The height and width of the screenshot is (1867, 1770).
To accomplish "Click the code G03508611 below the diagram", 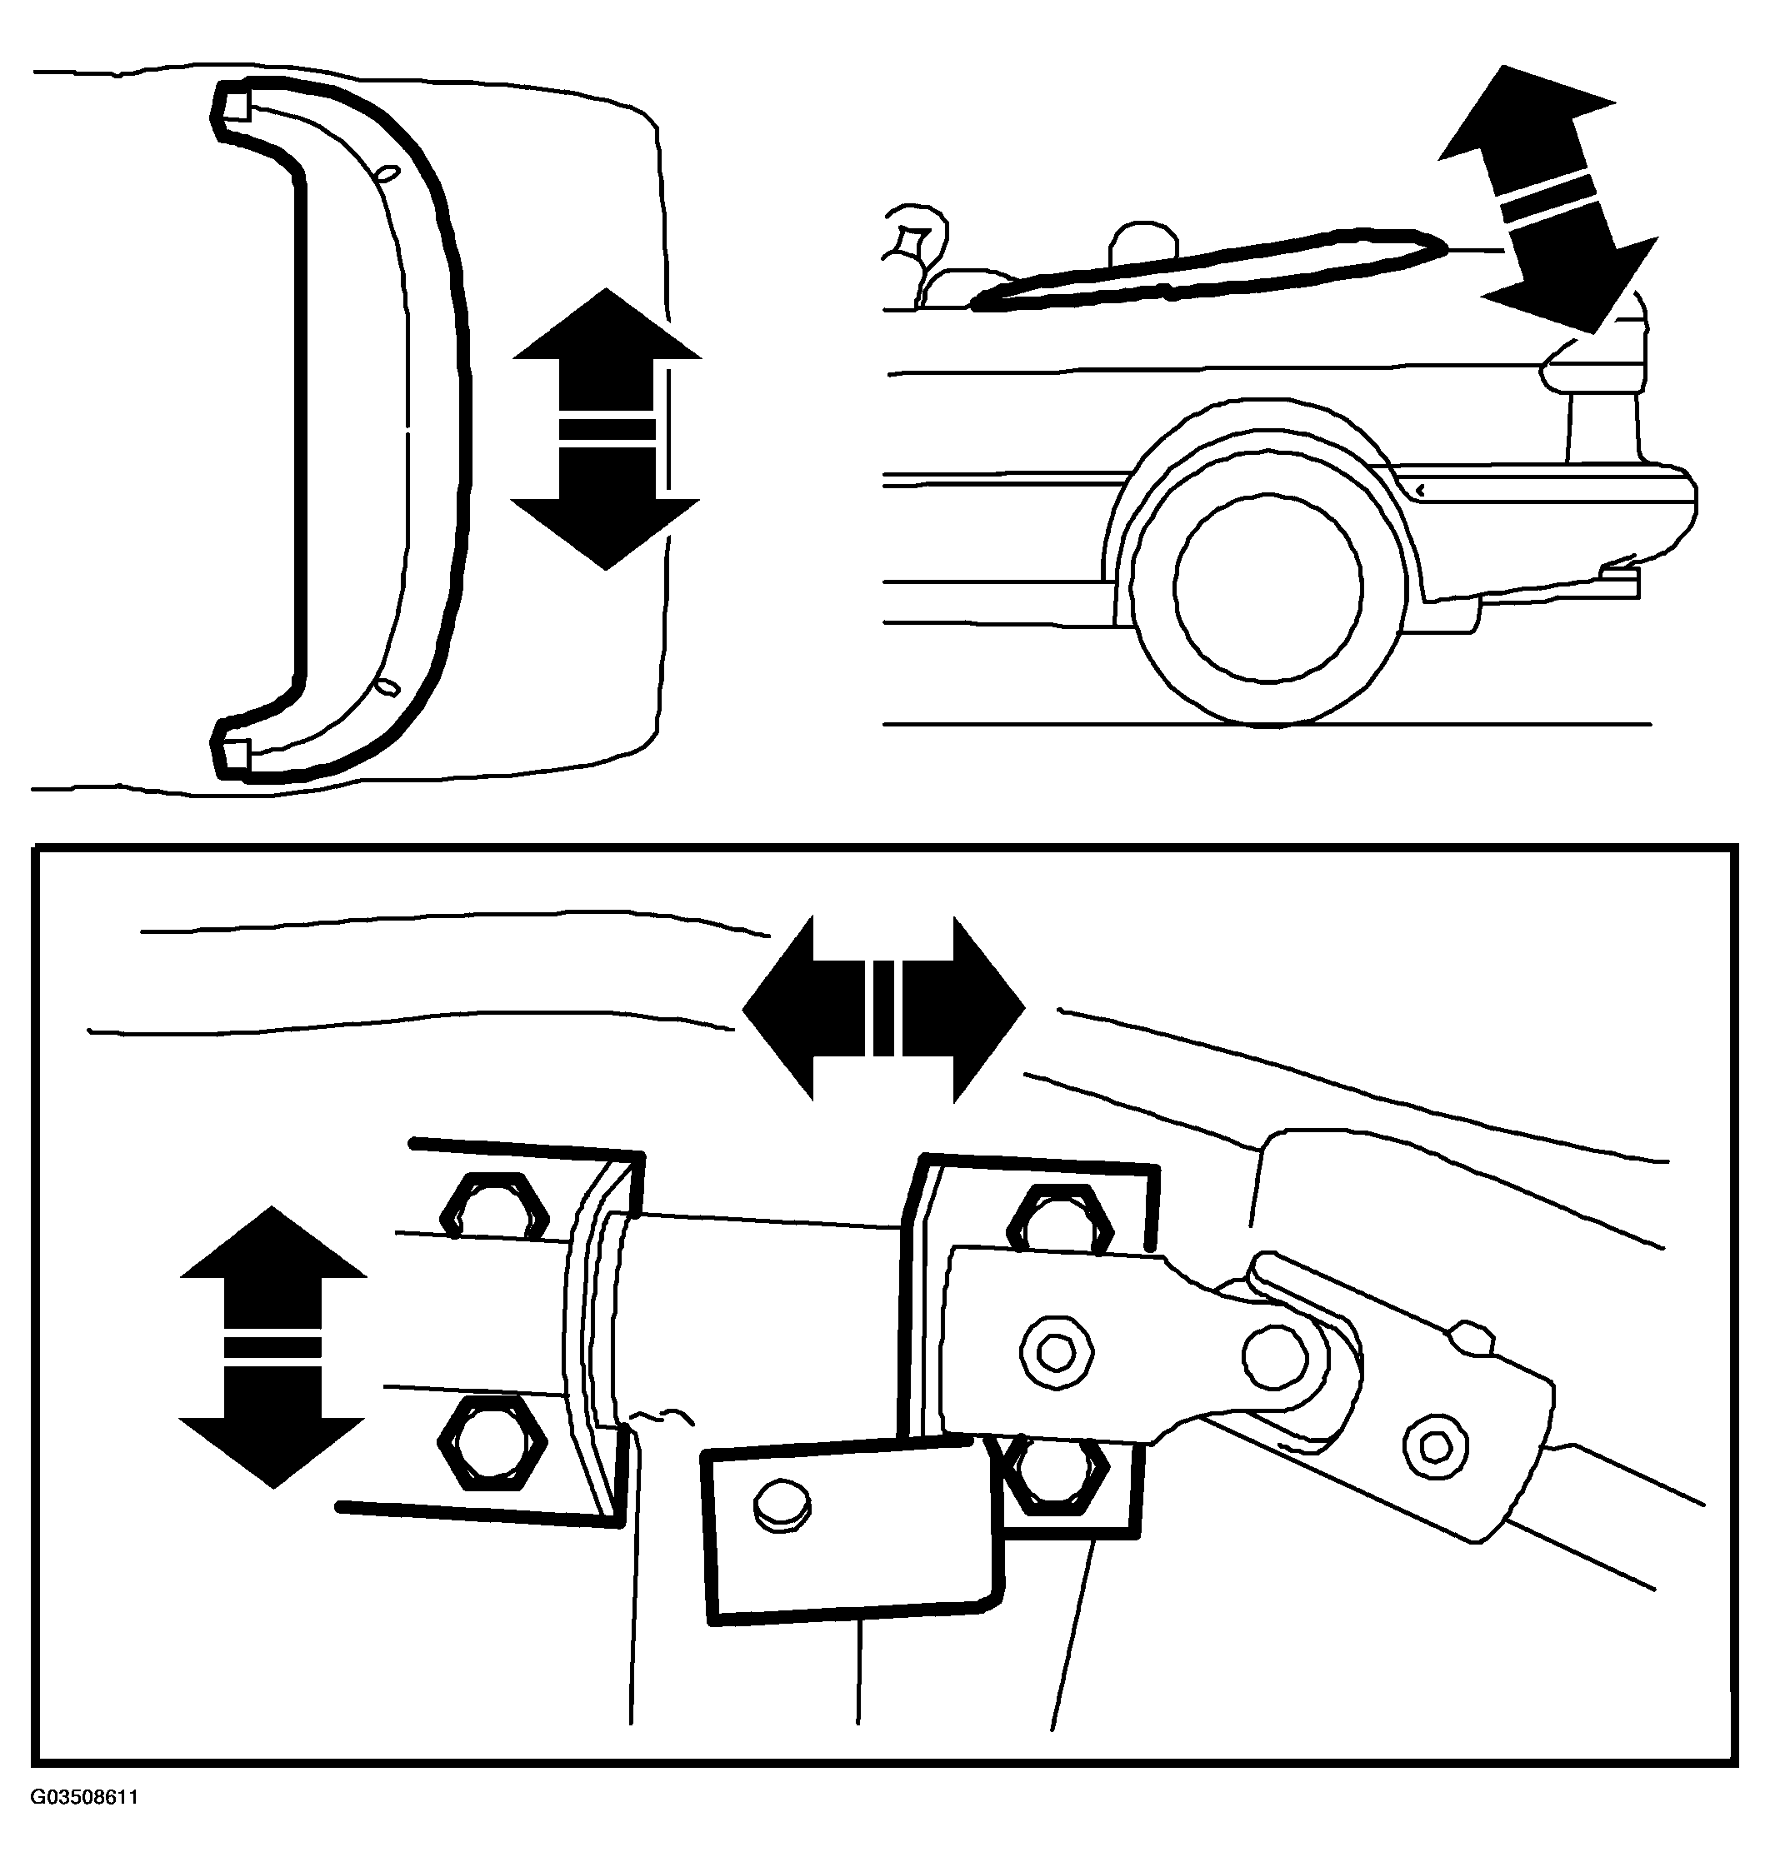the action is click(x=85, y=1824).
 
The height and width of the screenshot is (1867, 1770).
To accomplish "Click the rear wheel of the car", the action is click(x=1268, y=586).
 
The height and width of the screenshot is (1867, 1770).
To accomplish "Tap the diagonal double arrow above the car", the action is click(x=1547, y=198).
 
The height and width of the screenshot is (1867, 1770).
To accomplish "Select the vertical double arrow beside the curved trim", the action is click(x=607, y=428).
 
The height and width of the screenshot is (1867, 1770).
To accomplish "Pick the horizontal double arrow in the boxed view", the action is click(x=883, y=1009).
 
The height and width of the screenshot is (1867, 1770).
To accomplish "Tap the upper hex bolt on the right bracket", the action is click(x=1061, y=1220).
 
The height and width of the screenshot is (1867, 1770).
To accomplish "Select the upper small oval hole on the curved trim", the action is click(x=387, y=173).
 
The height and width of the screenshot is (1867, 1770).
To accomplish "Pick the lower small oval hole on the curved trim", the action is click(x=387, y=686).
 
